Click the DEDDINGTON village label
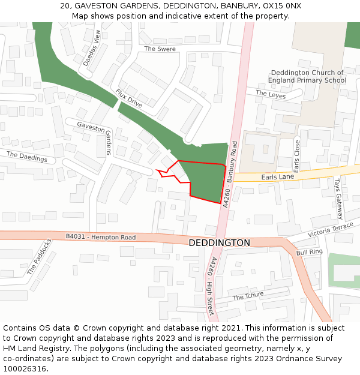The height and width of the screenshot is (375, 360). [220, 243]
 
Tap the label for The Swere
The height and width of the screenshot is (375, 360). [160, 49]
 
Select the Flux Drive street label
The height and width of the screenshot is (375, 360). [129, 98]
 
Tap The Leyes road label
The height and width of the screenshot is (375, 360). [271, 94]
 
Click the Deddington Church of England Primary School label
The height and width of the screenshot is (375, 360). [307, 76]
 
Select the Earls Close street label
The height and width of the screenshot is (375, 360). [296, 156]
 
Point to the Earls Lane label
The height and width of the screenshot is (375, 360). [278, 177]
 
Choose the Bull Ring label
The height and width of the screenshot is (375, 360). [310, 253]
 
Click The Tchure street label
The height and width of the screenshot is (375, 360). [248, 296]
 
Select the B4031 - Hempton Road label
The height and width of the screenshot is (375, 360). [101, 237]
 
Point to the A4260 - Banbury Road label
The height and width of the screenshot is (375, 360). [230, 175]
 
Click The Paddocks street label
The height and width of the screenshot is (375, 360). [40, 257]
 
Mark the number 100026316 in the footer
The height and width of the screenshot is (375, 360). [24, 369]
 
